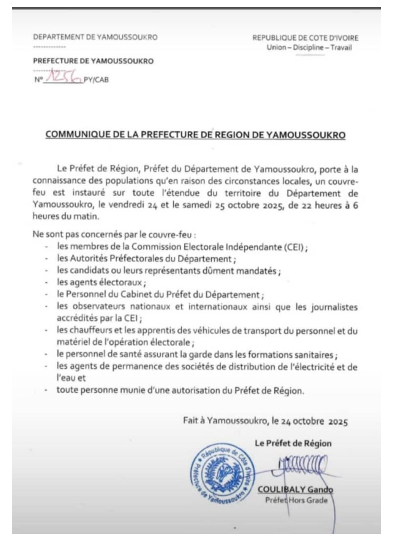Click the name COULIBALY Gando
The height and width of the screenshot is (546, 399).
pos(295,489)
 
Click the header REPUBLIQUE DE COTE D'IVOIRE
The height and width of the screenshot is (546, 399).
pos(305,38)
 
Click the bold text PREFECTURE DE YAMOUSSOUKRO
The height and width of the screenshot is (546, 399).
pos(93,61)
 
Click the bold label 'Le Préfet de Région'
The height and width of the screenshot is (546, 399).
pos(293,443)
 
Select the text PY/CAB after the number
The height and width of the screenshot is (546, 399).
pos(97,81)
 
